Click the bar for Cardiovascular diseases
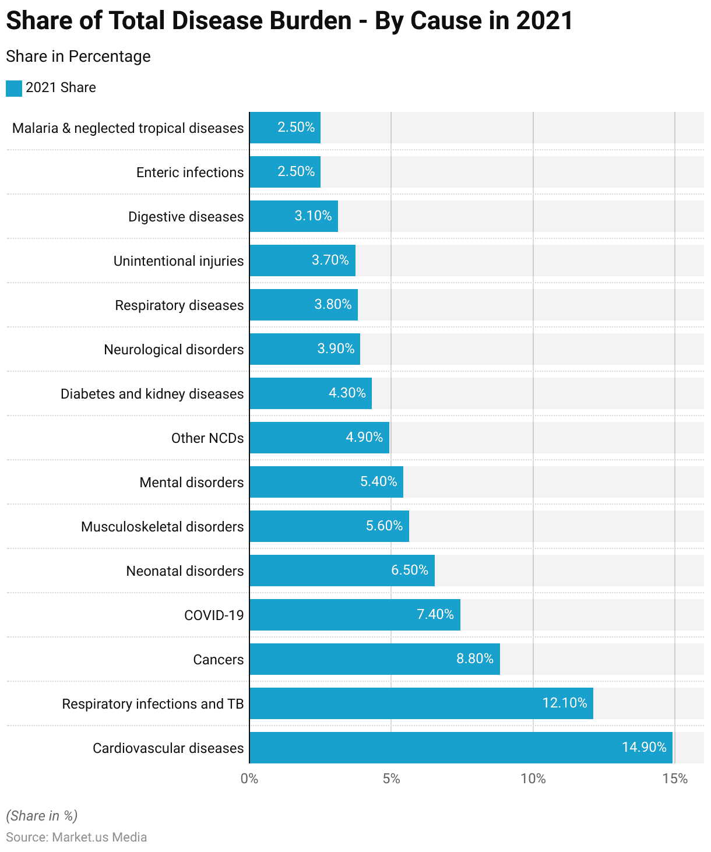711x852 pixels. pyautogui.click(x=460, y=748)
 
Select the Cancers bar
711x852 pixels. pyautogui.click(x=374, y=659)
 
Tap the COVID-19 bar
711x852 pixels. pyautogui.click(x=354, y=615)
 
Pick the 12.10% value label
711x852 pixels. pyautogui.click(x=564, y=703)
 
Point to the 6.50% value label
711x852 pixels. pyautogui.click(x=409, y=570)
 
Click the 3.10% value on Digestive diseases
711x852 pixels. pyautogui.click(x=313, y=216)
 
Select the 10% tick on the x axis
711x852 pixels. pyautogui.click(x=533, y=779)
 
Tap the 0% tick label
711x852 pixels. pyautogui.click(x=249, y=779)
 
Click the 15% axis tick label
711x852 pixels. pyautogui.click(x=675, y=779)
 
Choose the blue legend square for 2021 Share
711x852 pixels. pyautogui.click(x=14, y=88)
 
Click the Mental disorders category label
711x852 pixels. pyautogui.click(x=191, y=483)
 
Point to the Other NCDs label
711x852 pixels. pyautogui.click(x=207, y=438)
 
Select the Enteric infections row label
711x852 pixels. pyautogui.click(x=189, y=172)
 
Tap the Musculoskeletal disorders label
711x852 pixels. pyautogui.click(x=162, y=527)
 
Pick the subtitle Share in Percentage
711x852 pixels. pyautogui.click(x=78, y=57)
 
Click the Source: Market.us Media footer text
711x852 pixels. pyautogui.click(x=76, y=837)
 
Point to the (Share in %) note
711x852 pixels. pyautogui.click(x=41, y=816)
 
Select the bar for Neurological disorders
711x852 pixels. pyautogui.click(x=305, y=349)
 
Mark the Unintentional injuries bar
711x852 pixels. pyautogui.click(x=302, y=260)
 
